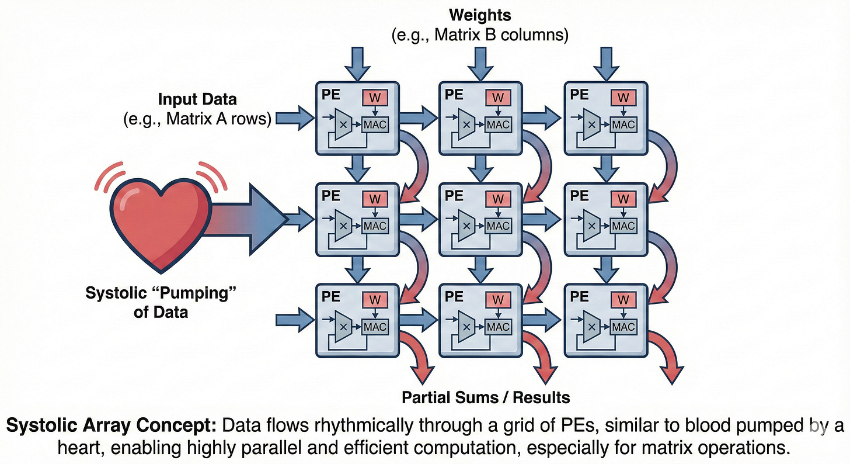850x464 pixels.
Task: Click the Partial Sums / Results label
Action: pyautogui.click(x=486, y=398)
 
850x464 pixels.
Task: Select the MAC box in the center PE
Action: pyautogui.click(x=498, y=226)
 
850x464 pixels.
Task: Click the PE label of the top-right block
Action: pyautogui.click(x=580, y=94)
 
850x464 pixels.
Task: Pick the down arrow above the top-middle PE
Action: pyautogui.click(x=481, y=63)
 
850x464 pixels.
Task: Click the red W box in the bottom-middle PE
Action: pyautogui.click(x=498, y=300)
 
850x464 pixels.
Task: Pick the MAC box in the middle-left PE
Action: pyautogui.click(x=375, y=226)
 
